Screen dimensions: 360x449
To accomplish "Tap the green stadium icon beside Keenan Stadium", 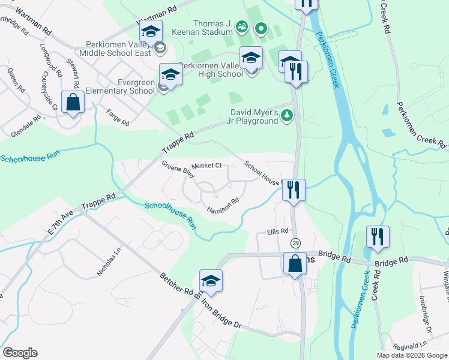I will click(241, 26).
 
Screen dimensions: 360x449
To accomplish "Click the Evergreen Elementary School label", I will click(120, 86).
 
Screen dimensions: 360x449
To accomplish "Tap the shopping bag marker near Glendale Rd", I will click(73, 102).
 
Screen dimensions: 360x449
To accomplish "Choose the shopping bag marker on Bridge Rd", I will click(295, 263).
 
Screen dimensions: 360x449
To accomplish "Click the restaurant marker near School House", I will click(294, 190).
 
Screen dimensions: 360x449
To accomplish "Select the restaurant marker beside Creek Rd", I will click(377, 236).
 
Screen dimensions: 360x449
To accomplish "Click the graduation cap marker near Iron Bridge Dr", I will click(211, 280).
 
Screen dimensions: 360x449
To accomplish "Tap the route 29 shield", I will click(295, 243).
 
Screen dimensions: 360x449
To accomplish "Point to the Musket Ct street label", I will click(206, 166).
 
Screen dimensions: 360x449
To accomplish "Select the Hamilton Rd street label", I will click(223, 205).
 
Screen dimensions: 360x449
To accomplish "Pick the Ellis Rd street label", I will click(278, 231).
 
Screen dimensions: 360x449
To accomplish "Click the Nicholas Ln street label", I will click(108, 261).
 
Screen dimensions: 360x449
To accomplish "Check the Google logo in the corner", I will click(20, 353).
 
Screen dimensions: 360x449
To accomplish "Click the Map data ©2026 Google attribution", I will click(411, 355).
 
